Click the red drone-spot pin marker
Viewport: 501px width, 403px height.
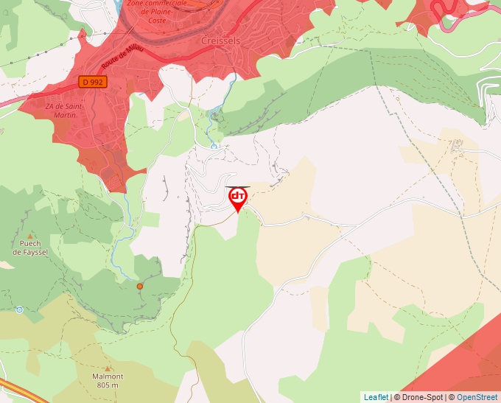tap(237, 199)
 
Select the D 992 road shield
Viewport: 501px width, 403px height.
tap(93, 83)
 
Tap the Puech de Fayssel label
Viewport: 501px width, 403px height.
tap(29, 247)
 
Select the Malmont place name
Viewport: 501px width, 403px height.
tap(108, 376)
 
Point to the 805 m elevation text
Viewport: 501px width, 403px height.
tap(108, 385)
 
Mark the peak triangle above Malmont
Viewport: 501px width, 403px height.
tap(108, 368)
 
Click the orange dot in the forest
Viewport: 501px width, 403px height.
tap(139, 286)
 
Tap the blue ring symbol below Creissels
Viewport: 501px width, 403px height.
tap(214, 146)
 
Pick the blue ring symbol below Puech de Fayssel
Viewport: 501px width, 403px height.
tap(19, 309)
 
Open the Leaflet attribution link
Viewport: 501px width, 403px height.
tap(376, 397)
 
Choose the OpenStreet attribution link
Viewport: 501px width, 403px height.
tap(477, 397)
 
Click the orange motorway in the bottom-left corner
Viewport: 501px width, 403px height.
tap(22, 390)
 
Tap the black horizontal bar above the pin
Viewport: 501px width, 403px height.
tap(237, 186)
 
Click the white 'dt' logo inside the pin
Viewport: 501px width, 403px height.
tap(237, 196)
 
